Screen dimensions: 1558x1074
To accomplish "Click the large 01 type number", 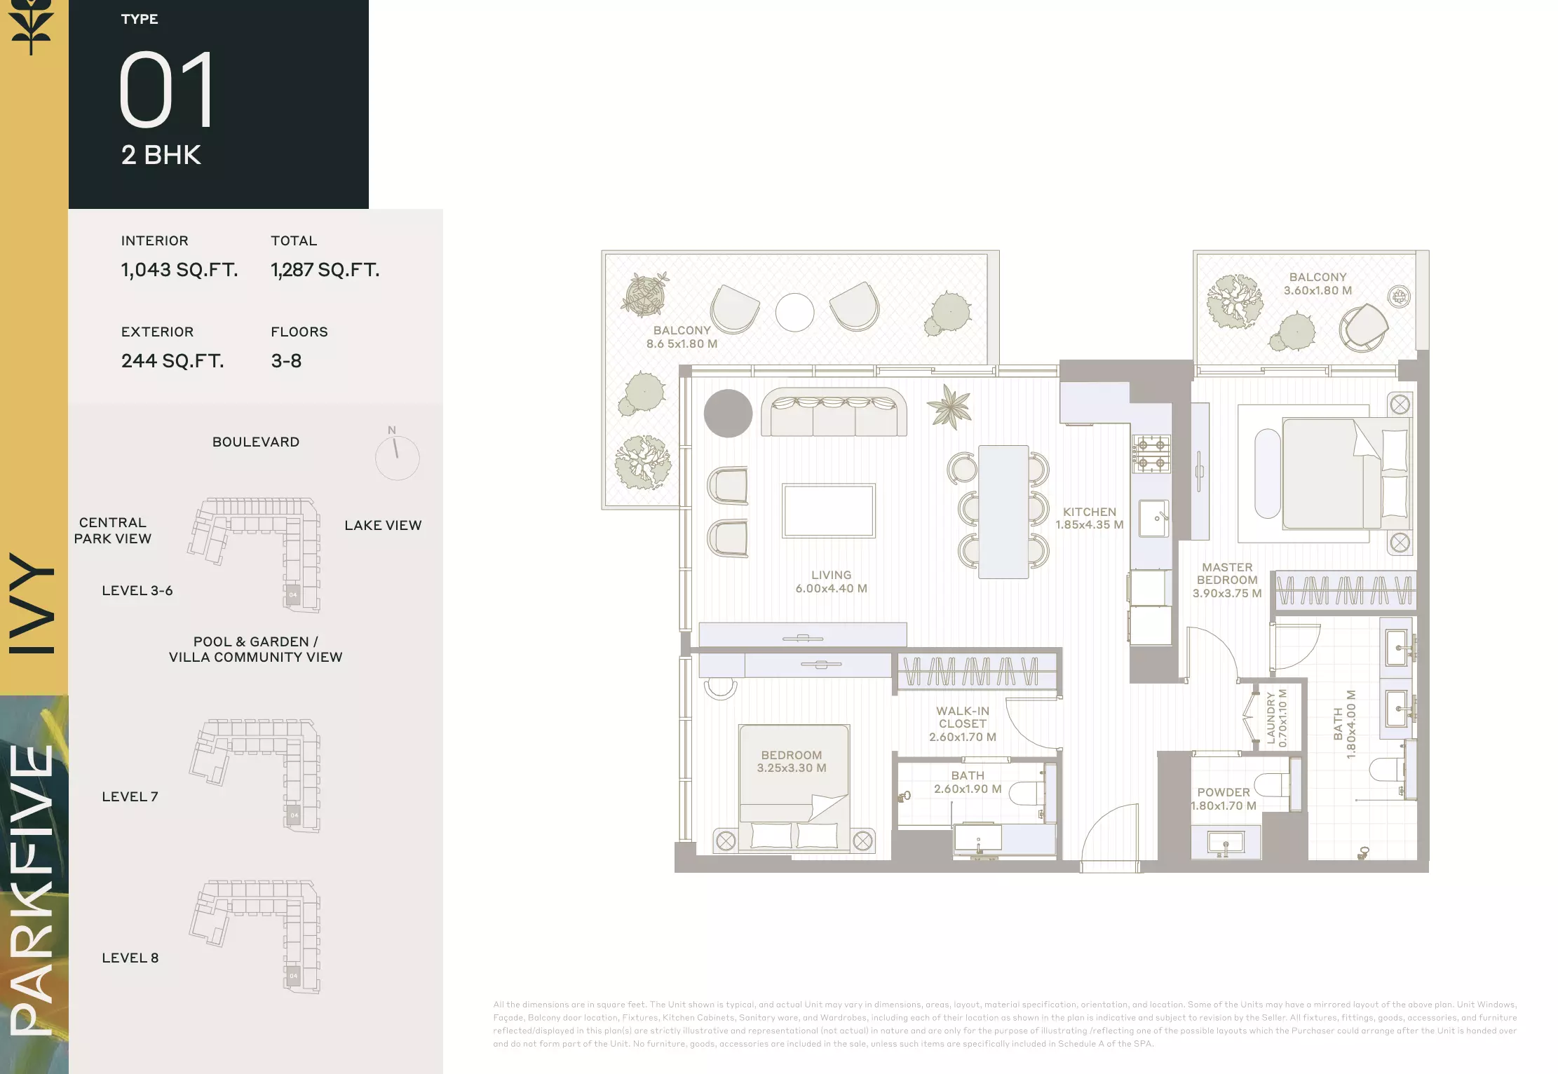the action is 167,90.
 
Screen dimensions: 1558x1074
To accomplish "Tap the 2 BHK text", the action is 161,155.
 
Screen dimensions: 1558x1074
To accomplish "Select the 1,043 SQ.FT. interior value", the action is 179,270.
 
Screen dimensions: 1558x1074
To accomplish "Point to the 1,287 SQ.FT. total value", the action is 325,270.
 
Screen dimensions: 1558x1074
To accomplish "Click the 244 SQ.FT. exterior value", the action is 172,361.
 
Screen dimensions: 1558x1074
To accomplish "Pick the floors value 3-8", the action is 286,361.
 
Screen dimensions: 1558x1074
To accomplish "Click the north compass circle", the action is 397,458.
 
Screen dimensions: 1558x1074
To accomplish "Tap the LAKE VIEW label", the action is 383,525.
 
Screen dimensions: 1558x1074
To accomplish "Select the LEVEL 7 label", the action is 130,796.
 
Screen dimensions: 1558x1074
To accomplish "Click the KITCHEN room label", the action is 1090,512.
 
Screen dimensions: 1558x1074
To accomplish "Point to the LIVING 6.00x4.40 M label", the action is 832,582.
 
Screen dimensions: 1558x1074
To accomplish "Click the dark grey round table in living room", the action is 728,414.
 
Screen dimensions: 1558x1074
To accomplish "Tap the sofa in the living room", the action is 834,412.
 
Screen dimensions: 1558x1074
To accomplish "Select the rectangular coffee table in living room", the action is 829,510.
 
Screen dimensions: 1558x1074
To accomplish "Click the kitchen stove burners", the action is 1151,454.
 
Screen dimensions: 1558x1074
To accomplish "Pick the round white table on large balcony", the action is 794,312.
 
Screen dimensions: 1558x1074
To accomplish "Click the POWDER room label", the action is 1224,792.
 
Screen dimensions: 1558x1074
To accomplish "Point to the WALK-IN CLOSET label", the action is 963,717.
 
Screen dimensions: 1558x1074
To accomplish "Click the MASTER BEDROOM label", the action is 1227,573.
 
